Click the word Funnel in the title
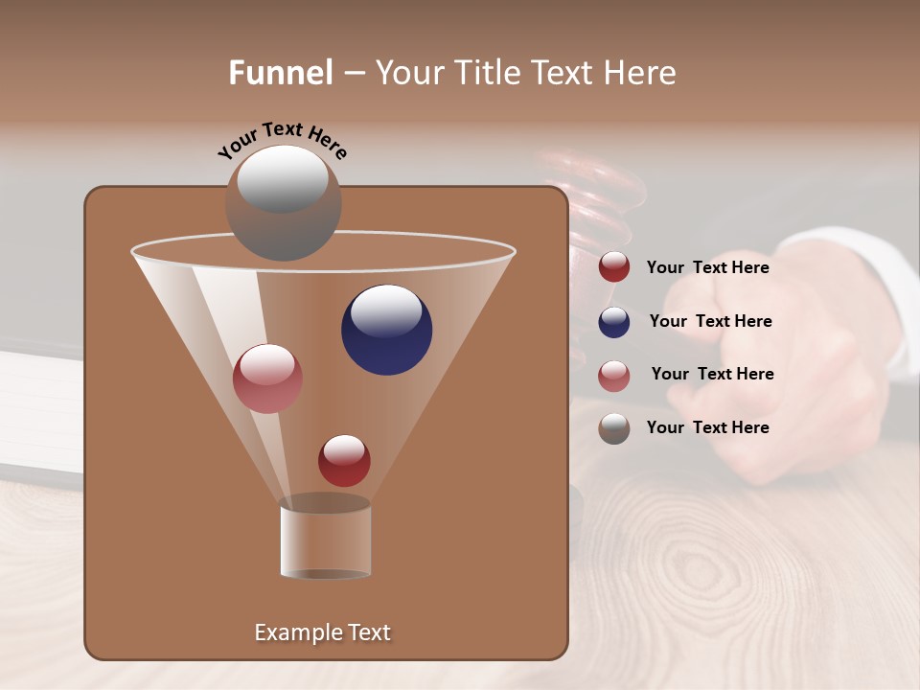[280, 73]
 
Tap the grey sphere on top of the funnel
[283, 202]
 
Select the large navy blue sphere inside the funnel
[386, 330]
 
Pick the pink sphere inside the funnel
[267, 379]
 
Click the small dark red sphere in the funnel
[344, 460]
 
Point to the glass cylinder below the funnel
[325, 540]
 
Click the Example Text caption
[322, 632]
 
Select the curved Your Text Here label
[282, 140]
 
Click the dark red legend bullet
[614, 267]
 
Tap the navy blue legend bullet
[614, 322]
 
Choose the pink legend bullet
[614, 375]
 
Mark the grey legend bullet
[614, 428]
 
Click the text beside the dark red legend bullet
[707, 268]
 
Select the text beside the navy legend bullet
[710, 322]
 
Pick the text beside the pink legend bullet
[712, 375]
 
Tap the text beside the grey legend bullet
[707, 428]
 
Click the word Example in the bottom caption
[295, 632]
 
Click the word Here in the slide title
[640, 73]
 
